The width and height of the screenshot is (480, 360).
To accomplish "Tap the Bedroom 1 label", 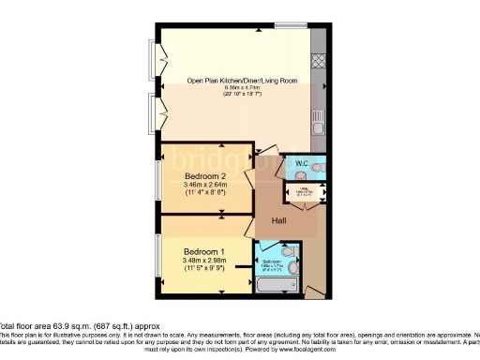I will [x=203, y=252].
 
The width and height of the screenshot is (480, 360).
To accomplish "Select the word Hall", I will [x=279, y=221].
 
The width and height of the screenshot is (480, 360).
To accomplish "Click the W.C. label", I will [x=303, y=164].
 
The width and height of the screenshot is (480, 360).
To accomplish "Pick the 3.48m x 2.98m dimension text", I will [x=203, y=261].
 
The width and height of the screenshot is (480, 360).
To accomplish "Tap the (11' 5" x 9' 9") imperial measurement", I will [x=203, y=269].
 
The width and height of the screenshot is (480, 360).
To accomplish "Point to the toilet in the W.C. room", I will [x=320, y=167].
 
